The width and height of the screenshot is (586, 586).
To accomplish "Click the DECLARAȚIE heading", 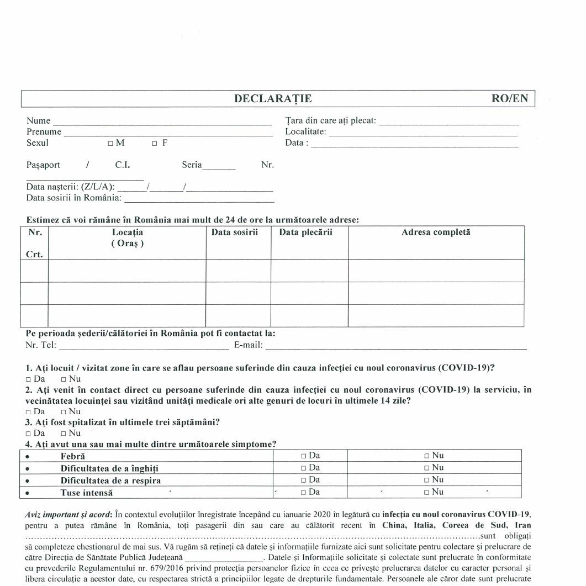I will (x=273, y=99).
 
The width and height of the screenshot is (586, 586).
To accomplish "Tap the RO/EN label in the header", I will (x=509, y=99).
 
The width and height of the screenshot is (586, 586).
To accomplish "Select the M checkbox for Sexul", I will (x=110, y=144).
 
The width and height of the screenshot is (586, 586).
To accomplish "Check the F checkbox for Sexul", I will (x=155, y=144).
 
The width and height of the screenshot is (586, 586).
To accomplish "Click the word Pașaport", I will (x=43, y=165).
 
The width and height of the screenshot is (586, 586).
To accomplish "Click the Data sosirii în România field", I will (x=198, y=199).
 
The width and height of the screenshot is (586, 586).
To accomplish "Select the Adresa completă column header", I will (x=436, y=233).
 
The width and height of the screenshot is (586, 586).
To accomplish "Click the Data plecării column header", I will (x=305, y=233).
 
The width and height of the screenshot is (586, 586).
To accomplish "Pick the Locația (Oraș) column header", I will (x=127, y=237).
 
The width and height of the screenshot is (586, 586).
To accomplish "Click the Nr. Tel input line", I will (x=143, y=347).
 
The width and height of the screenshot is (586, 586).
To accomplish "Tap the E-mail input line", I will (x=395, y=347).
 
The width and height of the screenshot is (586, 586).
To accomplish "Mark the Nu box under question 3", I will (x=64, y=433).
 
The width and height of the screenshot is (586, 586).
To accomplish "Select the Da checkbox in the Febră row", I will (x=303, y=456).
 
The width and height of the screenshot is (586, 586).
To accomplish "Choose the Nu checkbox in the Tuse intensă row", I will (x=427, y=492).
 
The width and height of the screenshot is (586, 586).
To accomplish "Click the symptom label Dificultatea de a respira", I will (x=110, y=481).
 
